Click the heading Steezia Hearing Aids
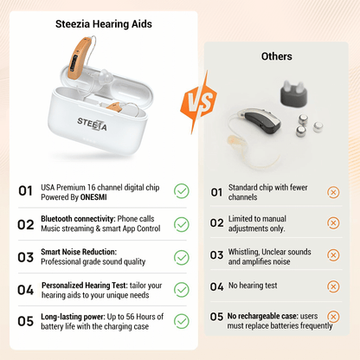103,26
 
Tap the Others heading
276,56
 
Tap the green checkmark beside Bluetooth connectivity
182,224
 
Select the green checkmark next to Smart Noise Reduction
182,257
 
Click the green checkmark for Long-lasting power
182,321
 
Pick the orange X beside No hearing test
333,286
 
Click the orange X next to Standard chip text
333,192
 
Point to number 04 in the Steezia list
25,289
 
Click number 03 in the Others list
216,254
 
